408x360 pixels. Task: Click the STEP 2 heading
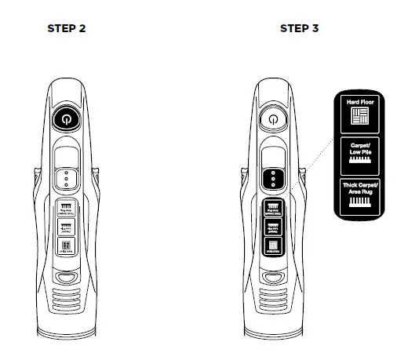click(67, 28)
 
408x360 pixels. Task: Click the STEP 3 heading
click(299, 28)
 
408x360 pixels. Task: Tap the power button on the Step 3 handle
click(271, 119)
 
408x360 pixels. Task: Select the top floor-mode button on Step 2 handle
click(67, 209)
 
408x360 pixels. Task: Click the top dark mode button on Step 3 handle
click(271, 209)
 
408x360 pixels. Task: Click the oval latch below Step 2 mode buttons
click(67, 277)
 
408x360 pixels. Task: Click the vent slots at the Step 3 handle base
click(271, 302)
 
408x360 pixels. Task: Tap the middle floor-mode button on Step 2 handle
click(67, 228)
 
